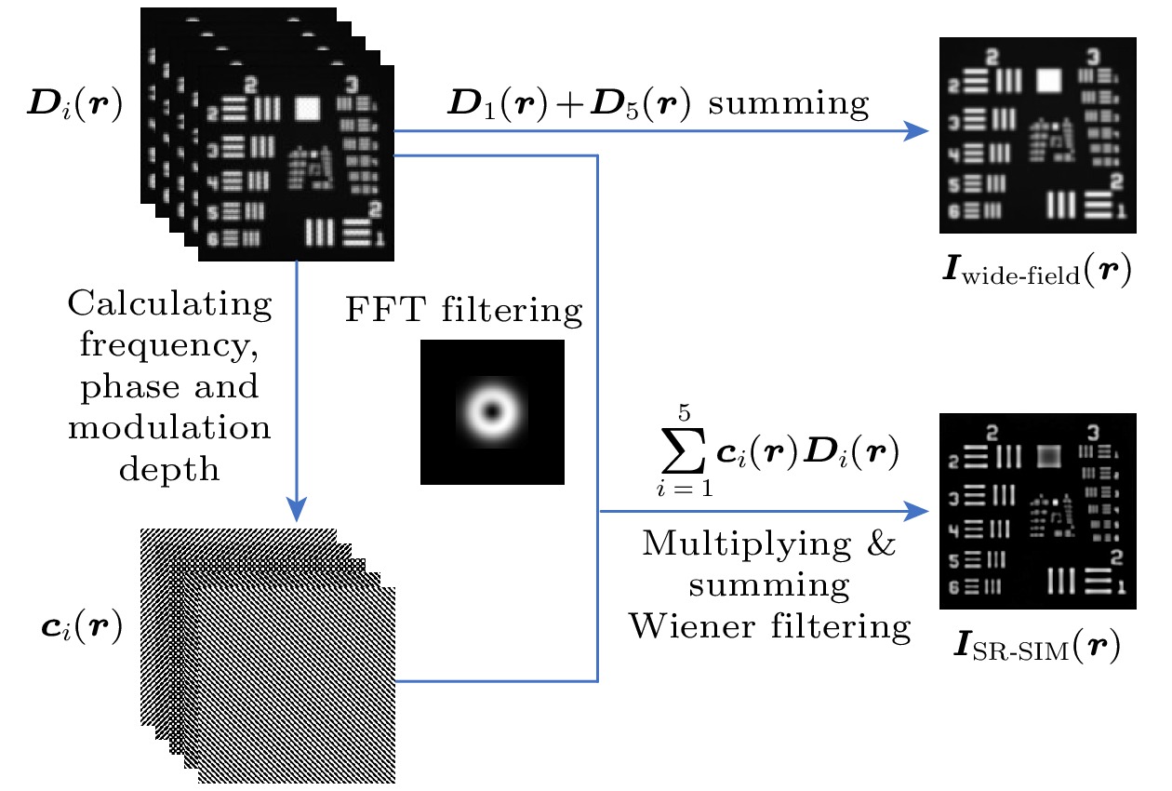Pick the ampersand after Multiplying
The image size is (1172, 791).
tap(883, 544)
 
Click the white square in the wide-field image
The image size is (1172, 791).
tap(1049, 80)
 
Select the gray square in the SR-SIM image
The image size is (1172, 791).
tap(1048, 456)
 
